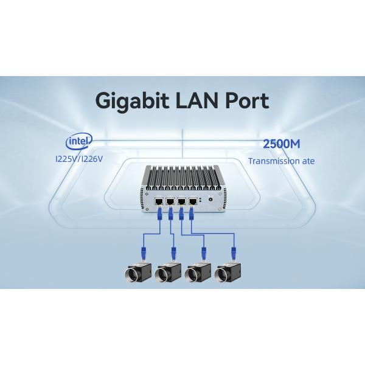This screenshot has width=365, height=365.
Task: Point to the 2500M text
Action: (282, 145)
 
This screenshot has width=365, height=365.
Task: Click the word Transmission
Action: (269, 162)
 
